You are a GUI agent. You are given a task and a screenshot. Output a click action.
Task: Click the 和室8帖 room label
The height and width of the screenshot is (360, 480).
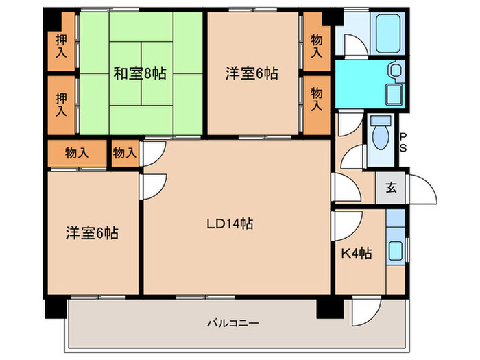click(x=141, y=72)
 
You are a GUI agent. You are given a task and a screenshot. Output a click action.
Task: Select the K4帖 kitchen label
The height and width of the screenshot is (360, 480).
click(x=357, y=253)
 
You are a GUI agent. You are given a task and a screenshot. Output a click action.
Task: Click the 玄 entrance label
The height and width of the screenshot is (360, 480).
click(x=390, y=188)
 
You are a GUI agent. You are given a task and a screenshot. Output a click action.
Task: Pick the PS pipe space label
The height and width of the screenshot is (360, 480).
click(x=404, y=142)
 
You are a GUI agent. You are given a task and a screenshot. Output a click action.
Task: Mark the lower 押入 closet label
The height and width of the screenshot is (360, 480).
click(x=61, y=104)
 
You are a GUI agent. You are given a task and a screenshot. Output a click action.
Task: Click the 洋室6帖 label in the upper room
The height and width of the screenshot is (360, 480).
click(x=252, y=73)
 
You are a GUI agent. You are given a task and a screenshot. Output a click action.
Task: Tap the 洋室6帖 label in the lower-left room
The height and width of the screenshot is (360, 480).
click(x=92, y=233)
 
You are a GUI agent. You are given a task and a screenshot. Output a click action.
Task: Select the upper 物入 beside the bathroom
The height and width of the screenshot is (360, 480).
click(x=316, y=45)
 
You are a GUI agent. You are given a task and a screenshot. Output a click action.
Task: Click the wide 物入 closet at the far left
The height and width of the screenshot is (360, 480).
click(x=76, y=153)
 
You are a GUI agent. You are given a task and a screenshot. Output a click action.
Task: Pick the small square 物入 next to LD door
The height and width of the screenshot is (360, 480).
click(x=125, y=153)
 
